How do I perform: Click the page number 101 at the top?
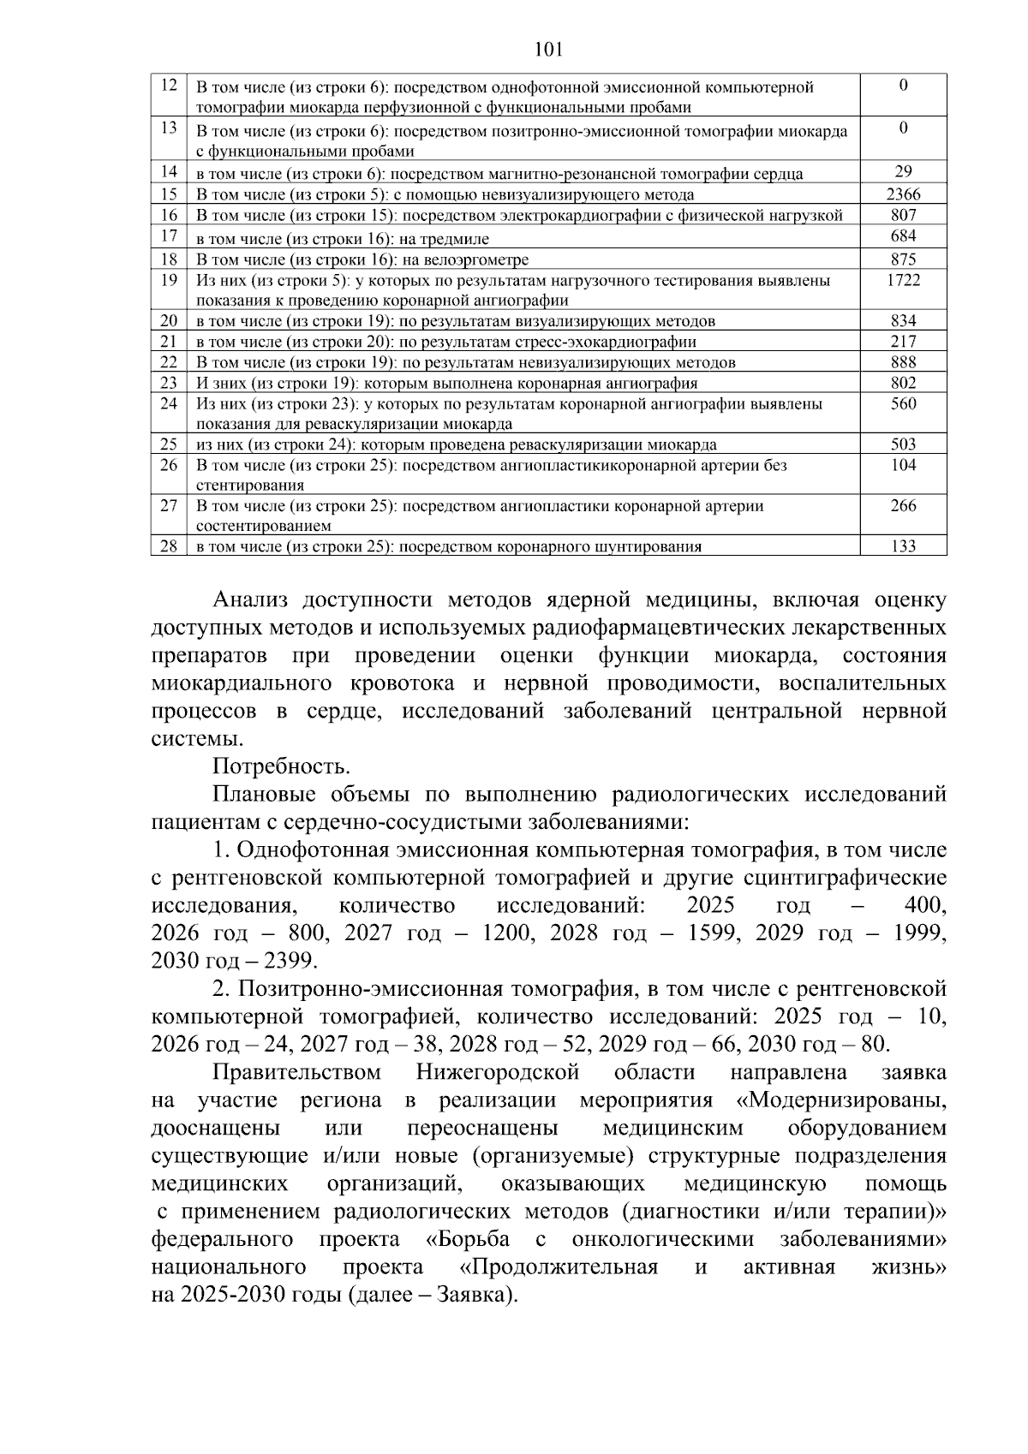547,49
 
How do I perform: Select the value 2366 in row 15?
903,194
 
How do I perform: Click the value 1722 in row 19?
903,280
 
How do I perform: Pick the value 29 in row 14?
903,172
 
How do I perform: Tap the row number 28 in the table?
169,546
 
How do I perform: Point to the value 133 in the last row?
903,546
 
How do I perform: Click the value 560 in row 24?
903,403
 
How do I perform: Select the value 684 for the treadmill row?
903,235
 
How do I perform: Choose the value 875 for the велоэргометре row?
903,259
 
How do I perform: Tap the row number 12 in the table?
169,86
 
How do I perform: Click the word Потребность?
281,766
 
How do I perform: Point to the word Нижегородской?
498,1072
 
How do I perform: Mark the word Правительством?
296,1072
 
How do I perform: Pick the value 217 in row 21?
903,342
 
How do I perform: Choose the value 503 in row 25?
903,444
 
